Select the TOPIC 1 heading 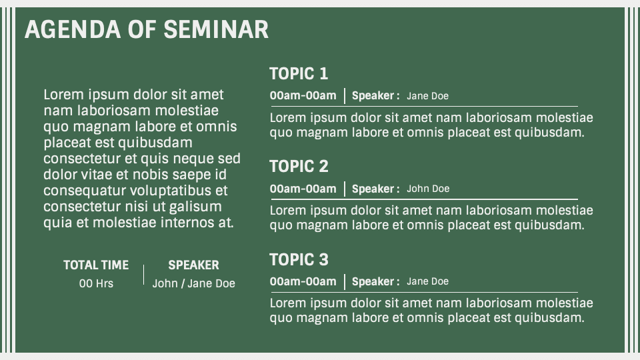tap(299, 73)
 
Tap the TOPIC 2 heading tap(299, 166)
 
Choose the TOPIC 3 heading tap(299, 259)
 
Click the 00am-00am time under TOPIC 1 tap(303, 95)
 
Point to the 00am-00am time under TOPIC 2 tap(303, 189)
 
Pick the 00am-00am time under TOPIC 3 tap(303, 281)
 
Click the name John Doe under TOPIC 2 tap(428, 189)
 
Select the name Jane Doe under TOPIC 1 tap(427, 96)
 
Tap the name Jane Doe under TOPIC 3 tap(427, 281)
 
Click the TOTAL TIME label tap(96, 265)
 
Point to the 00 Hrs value tap(96, 283)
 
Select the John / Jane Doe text tap(193, 283)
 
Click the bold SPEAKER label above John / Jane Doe tap(193, 265)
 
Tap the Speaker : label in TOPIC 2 tap(375, 189)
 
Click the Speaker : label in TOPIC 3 tap(375, 281)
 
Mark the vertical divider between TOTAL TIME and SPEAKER tap(144, 274)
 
